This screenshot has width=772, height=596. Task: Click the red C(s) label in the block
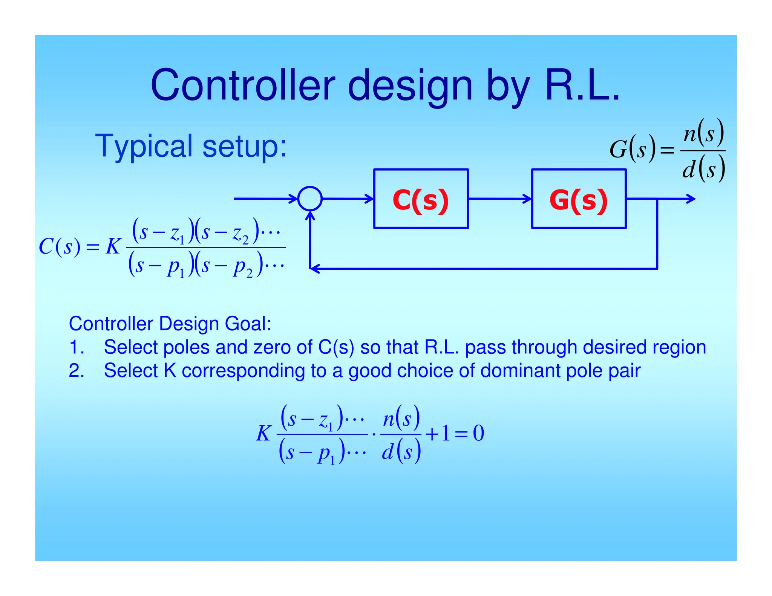(420, 200)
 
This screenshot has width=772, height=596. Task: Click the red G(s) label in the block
(578, 200)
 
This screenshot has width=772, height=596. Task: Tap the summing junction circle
(310, 199)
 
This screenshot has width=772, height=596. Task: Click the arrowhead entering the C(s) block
(369, 199)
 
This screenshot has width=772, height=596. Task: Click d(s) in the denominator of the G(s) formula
(703, 169)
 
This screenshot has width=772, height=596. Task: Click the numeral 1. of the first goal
(76, 347)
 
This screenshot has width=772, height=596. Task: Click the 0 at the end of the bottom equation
(478, 433)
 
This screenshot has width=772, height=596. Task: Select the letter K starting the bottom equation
(263, 433)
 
